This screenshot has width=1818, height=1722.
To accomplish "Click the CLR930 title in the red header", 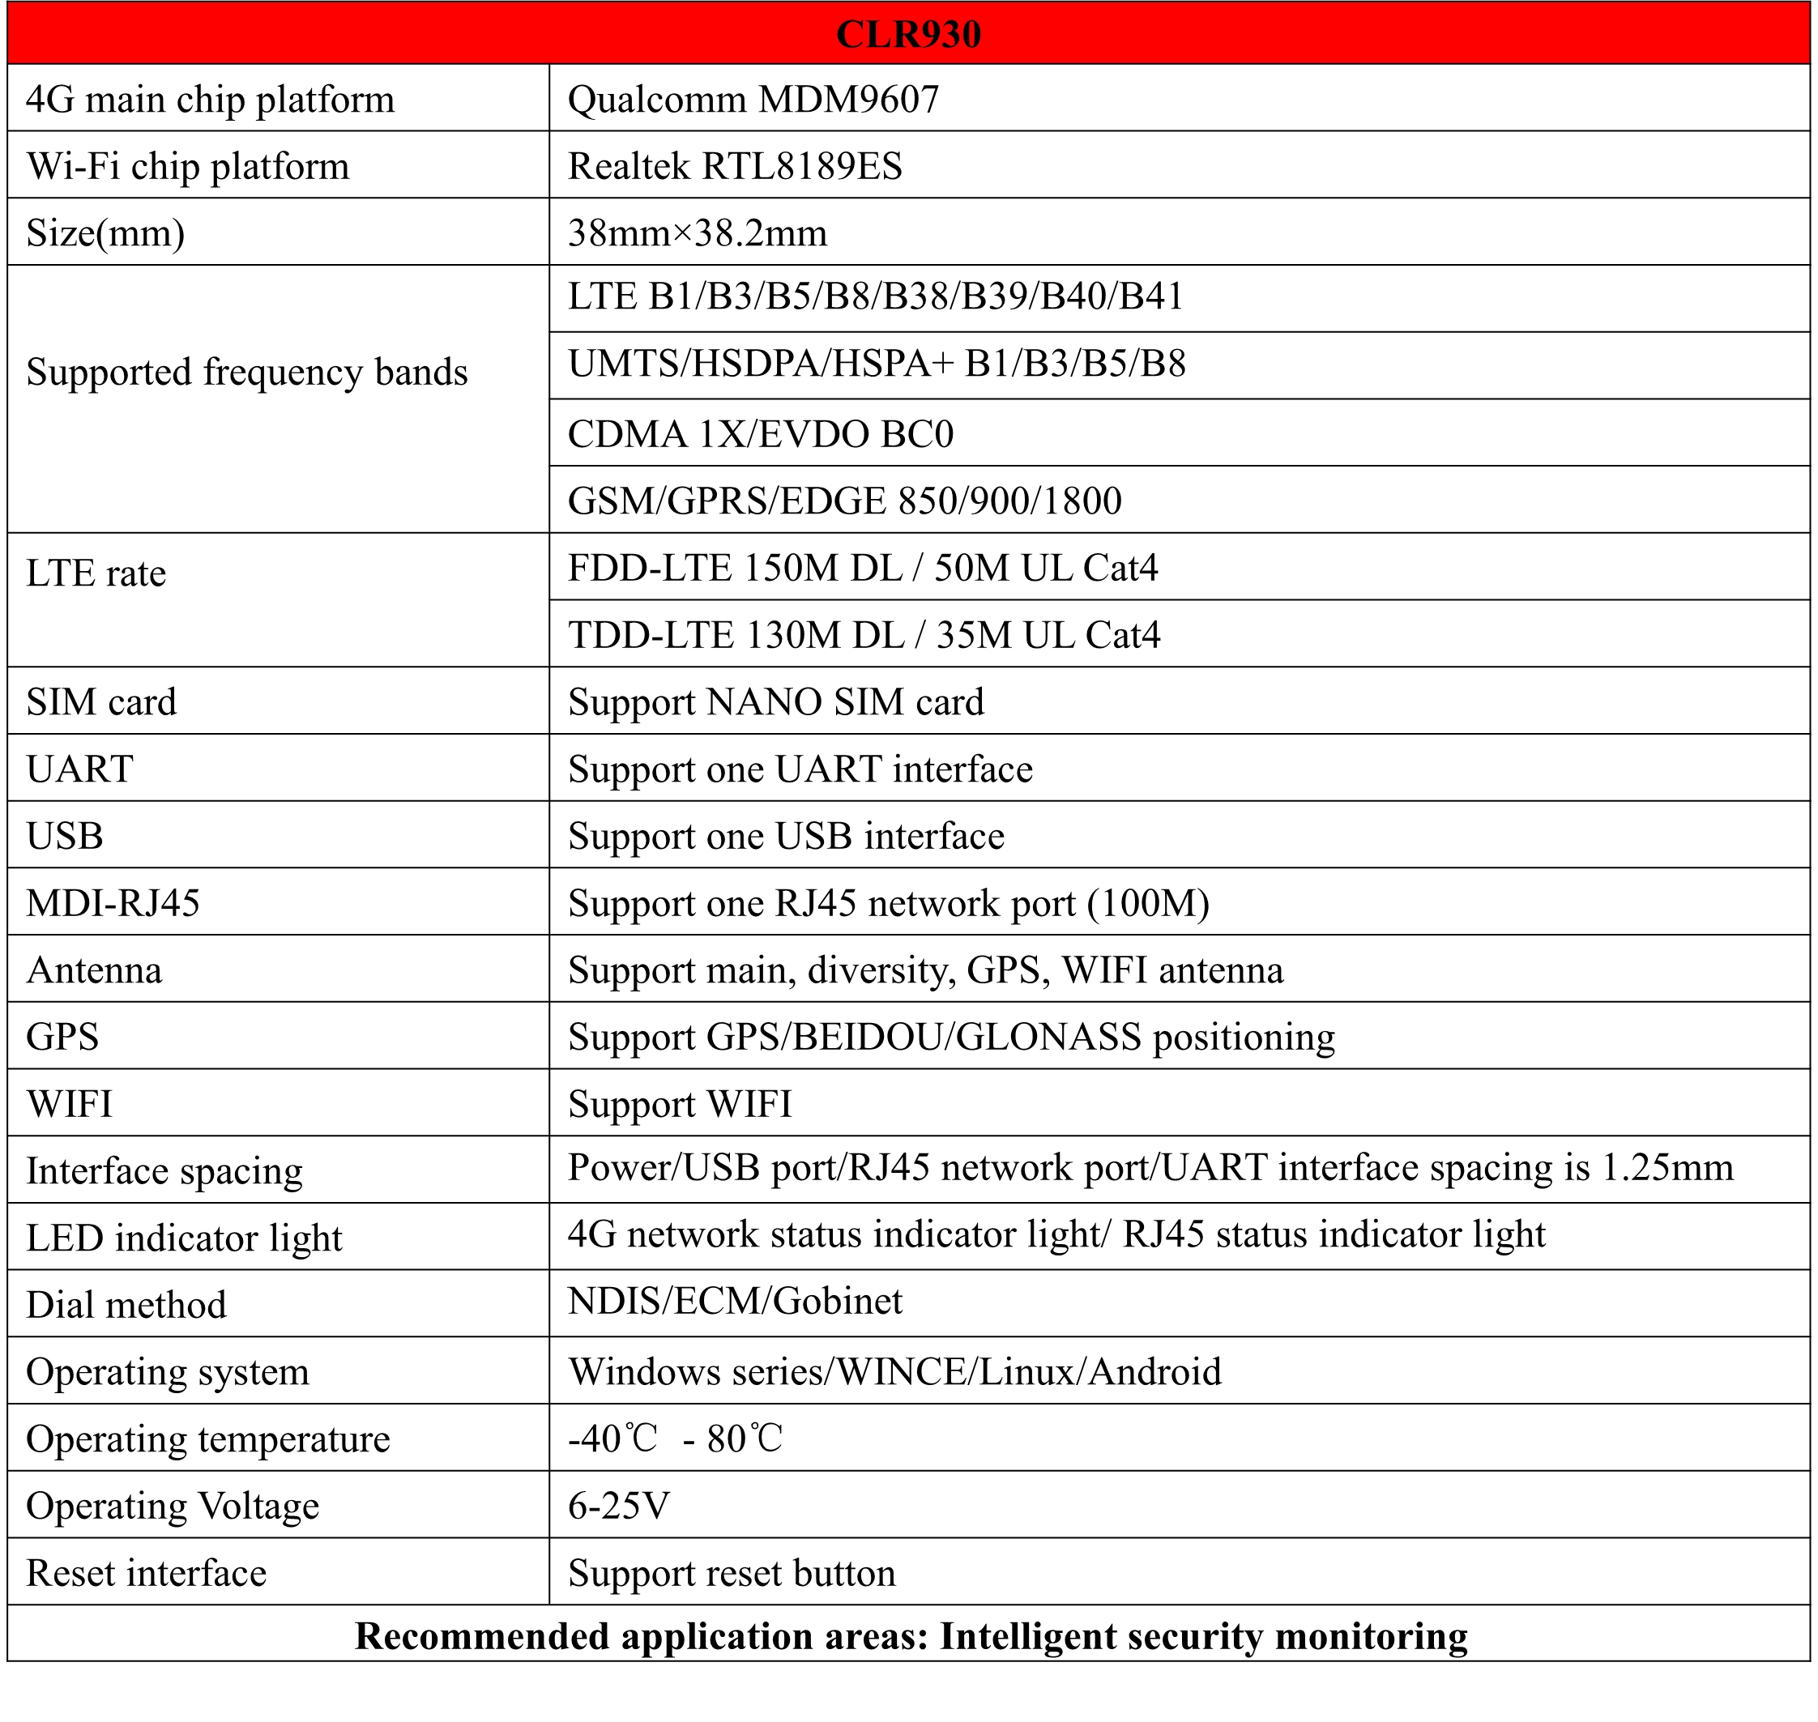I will (x=907, y=34).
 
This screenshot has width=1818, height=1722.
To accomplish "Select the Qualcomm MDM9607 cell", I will (x=753, y=99).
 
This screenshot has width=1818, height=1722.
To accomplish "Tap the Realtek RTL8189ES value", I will (x=735, y=166).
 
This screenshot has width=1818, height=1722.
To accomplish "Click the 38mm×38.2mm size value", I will (x=697, y=233).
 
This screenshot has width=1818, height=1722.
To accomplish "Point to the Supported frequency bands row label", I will (x=247, y=372).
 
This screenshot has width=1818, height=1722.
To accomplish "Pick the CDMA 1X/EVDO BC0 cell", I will (x=760, y=433).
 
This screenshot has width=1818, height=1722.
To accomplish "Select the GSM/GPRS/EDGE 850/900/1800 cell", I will (x=844, y=501).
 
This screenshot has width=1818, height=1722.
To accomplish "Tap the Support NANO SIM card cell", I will (x=775, y=702).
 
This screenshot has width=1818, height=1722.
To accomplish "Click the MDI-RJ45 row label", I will (x=113, y=903).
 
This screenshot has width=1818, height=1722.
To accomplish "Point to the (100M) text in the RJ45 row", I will (x=1148, y=903).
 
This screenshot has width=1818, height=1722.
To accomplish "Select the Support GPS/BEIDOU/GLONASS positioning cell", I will (x=950, y=1038).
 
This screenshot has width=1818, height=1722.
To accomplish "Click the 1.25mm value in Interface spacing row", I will (x=1667, y=1168).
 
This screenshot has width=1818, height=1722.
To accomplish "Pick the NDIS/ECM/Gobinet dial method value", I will (x=735, y=1302).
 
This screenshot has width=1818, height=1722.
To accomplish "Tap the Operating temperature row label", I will (x=207, y=1439).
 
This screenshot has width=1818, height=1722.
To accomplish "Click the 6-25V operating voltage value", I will (x=618, y=1507).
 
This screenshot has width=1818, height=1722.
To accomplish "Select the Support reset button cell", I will (x=731, y=1573).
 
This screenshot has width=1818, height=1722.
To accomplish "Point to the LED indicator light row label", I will (x=184, y=1238).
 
